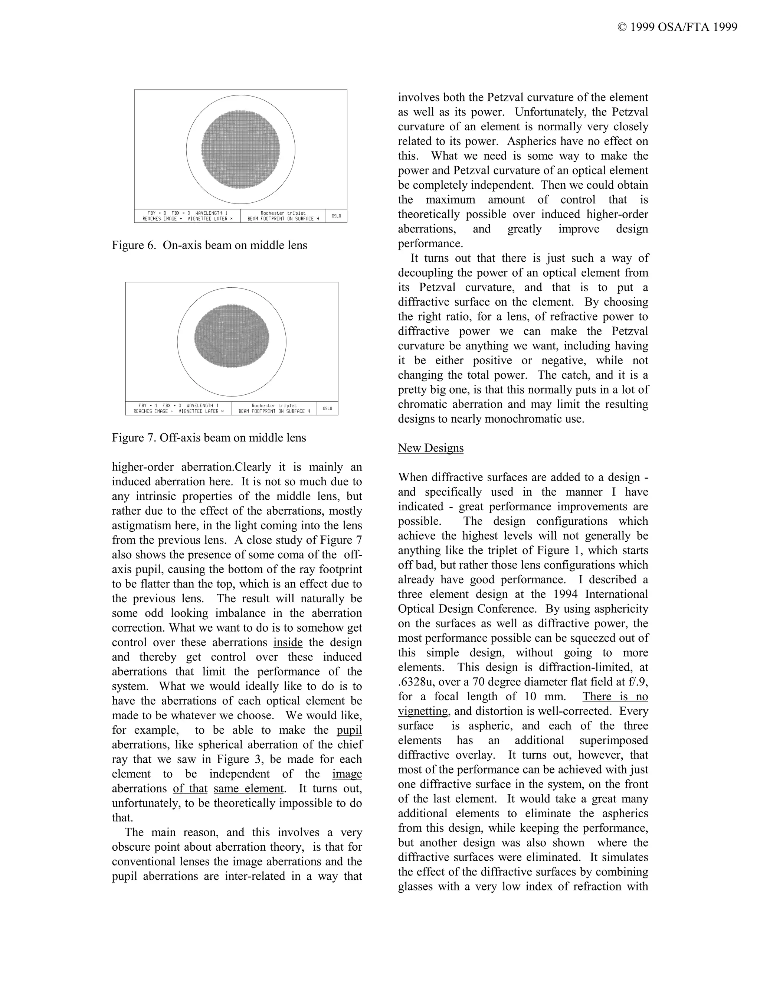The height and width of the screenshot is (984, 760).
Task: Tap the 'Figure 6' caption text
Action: pos(209,245)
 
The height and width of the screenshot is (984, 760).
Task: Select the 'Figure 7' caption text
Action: pos(209,437)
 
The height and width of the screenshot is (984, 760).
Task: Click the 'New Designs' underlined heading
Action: pos(430,448)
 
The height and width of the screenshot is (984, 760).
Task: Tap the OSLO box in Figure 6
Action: pos(336,216)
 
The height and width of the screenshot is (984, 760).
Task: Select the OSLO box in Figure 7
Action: pos(327,408)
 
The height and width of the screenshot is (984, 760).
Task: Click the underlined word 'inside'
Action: pos(288,642)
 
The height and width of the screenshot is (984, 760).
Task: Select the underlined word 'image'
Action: pos(347,774)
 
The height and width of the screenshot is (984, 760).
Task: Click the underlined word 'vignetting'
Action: pos(423,711)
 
